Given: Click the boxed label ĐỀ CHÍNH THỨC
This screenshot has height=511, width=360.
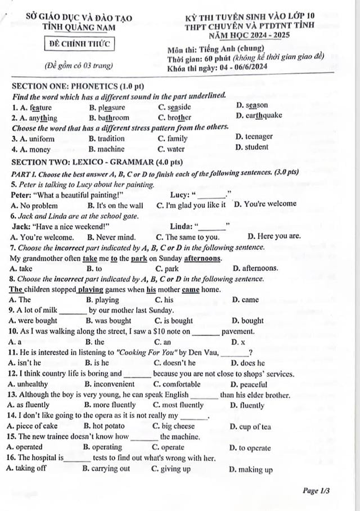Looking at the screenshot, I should coord(80,43).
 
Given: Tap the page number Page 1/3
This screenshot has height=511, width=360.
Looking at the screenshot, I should coord(316,491).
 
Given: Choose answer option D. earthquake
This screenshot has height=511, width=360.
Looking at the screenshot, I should coord(259,116).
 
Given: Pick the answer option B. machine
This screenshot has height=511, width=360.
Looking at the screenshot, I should coord(106,149).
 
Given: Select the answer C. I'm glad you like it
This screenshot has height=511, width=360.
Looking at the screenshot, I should coord(191,205).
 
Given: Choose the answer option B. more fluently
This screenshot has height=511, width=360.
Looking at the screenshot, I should coord(110,405).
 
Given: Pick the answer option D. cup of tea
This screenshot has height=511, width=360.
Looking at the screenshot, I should coord(250,427).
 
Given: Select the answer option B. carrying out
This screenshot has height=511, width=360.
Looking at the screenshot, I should coord(106,469).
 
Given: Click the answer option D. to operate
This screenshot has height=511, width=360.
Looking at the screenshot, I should coord(250,448).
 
